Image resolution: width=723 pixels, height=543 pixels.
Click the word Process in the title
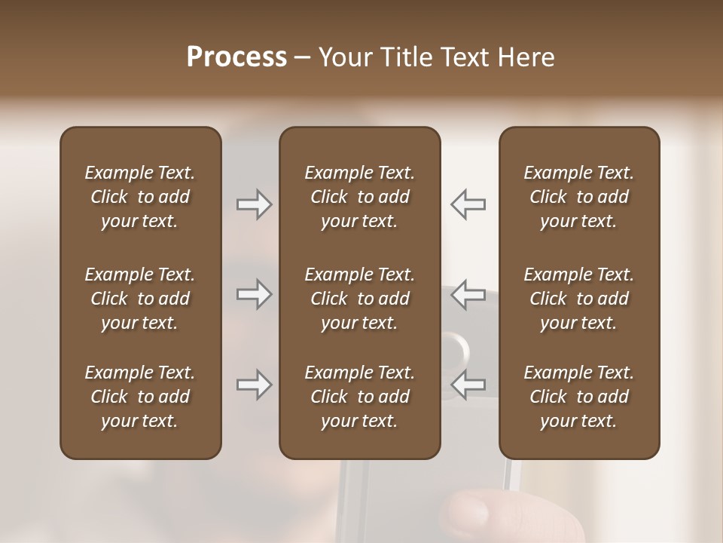tap(236, 57)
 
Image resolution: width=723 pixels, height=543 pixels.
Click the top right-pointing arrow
tap(254, 204)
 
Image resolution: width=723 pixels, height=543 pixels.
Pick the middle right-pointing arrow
tap(254, 294)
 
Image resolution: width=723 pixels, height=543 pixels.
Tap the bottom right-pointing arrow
tap(254, 385)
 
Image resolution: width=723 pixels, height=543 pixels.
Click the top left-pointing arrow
tap(468, 204)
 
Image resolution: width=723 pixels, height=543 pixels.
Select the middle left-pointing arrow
tap(468, 294)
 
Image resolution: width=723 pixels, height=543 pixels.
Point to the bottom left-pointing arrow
tap(468, 385)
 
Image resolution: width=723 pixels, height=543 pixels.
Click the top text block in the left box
tap(140, 197)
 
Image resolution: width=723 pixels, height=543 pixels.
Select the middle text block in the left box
tap(140, 299)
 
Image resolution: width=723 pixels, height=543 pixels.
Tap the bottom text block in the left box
tap(140, 397)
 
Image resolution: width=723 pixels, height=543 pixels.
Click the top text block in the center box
tap(360, 197)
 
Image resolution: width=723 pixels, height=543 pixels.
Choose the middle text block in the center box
tap(360, 299)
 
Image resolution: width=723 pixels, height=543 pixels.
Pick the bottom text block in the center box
tap(360, 397)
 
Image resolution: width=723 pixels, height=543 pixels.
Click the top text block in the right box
tap(579, 197)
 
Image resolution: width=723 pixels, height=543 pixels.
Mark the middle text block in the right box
tap(579, 299)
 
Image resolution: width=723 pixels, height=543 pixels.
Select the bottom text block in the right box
tap(579, 397)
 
